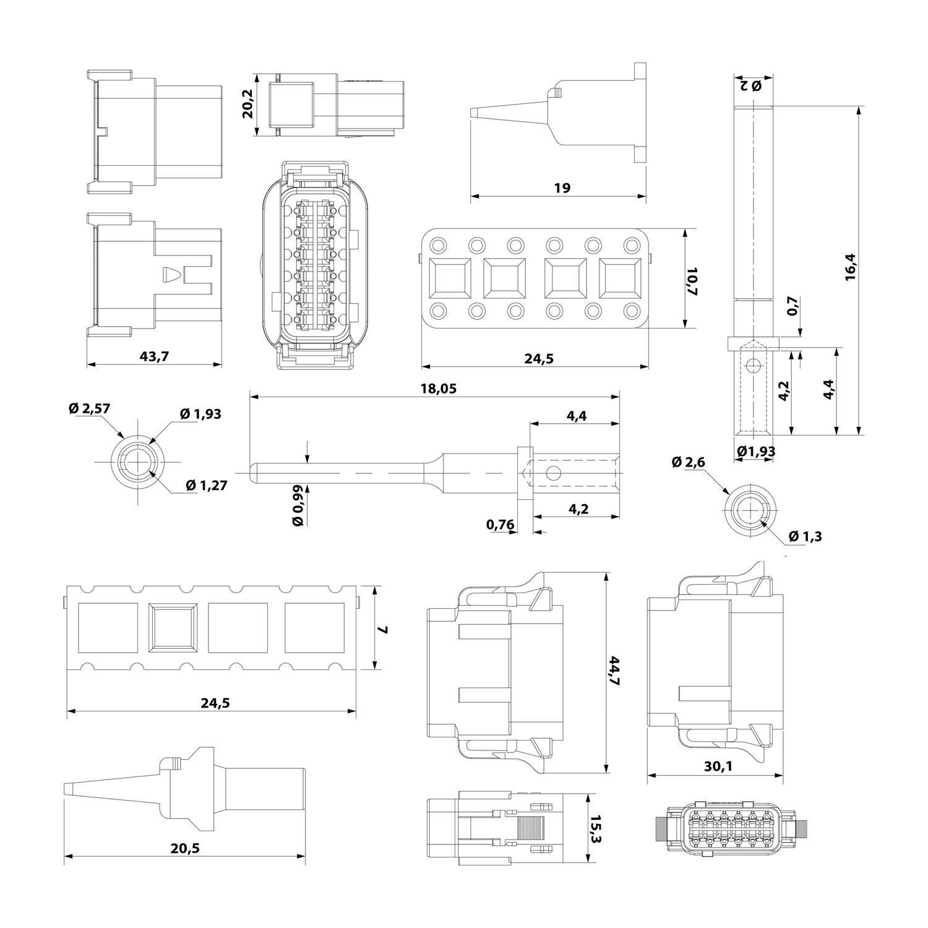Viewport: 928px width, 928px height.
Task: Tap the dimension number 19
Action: click(562, 187)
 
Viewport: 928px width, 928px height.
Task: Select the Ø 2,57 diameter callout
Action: click(89, 408)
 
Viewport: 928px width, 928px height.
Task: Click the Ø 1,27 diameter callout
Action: click(206, 486)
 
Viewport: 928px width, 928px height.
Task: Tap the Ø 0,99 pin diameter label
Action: click(298, 505)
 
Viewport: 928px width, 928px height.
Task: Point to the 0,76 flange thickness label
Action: click(500, 525)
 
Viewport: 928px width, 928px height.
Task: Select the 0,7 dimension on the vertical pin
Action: click(793, 306)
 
